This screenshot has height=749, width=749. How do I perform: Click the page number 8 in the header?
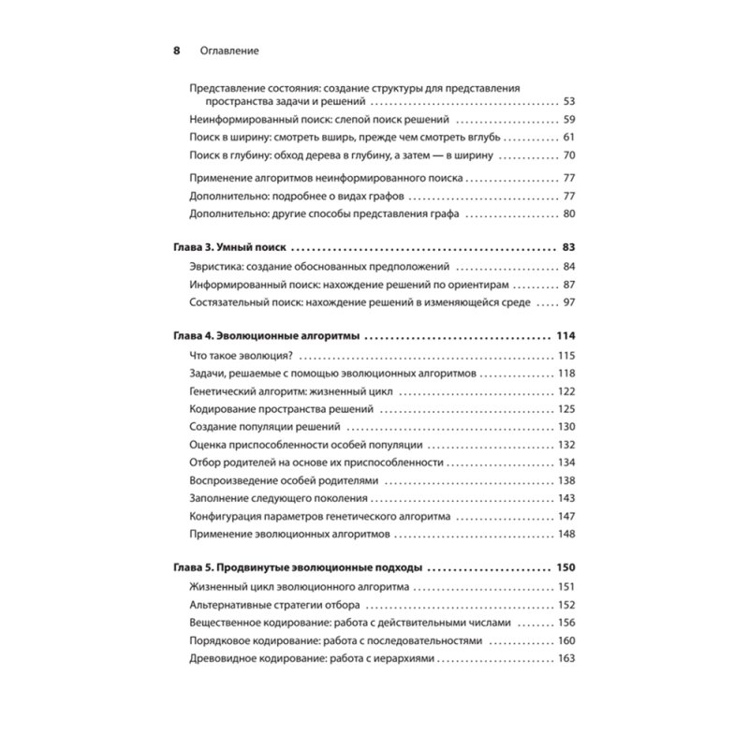pyautogui.click(x=176, y=51)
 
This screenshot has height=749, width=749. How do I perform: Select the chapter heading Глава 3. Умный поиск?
pyautogui.click(x=229, y=248)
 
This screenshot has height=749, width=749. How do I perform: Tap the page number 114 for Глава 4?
pyautogui.click(x=565, y=336)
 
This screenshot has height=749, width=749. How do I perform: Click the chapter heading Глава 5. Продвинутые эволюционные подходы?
pyautogui.click(x=298, y=568)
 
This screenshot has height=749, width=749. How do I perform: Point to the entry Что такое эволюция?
pyautogui.click(x=242, y=355)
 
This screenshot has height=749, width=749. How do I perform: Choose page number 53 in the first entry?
pyautogui.click(x=567, y=101)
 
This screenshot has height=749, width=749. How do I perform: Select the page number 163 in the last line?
pyautogui.click(x=565, y=658)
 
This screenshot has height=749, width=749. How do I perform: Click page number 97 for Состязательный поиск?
pyautogui.click(x=568, y=302)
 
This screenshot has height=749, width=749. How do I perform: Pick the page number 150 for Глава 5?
pyautogui.click(x=565, y=568)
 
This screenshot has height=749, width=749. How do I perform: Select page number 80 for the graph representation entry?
pyautogui.click(x=567, y=214)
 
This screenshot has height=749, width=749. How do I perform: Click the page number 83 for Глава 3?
pyautogui.click(x=567, y=248)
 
